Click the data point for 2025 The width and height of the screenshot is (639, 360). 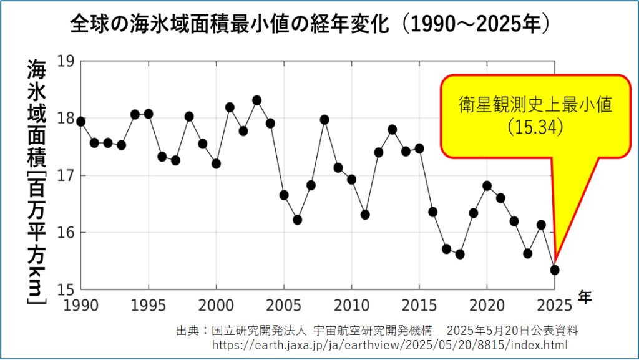pyautogui.click(x=554, y=270)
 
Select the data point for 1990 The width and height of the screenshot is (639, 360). pyautogui.click(x=80, y=121)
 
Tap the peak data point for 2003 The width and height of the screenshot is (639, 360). pyautogui.click(x=256, y=100)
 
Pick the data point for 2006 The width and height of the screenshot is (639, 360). pyautogui.click(x=297, y=220)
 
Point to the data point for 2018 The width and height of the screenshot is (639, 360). pyautogui.click(x=460, y=254)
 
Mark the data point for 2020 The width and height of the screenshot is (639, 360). pyautogui.click(x=487, y=185)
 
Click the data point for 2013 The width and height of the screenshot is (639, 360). pyautogui.click(x=392, y=129)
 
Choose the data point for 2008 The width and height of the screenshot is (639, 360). pyautogui.click(x=324, y=119)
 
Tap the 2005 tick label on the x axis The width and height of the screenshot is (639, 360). pyautogui.click(x=284, y=304)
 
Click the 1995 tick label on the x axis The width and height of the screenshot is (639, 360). pyautogui.click(x=149, y=304)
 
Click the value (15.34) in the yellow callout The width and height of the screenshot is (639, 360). pyautogui.click(x=535, y=127)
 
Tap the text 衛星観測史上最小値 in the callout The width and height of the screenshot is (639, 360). pyautogui.click(x=535, y=105)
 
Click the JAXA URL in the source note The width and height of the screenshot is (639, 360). pyautogui.click(x=390, y=344)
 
